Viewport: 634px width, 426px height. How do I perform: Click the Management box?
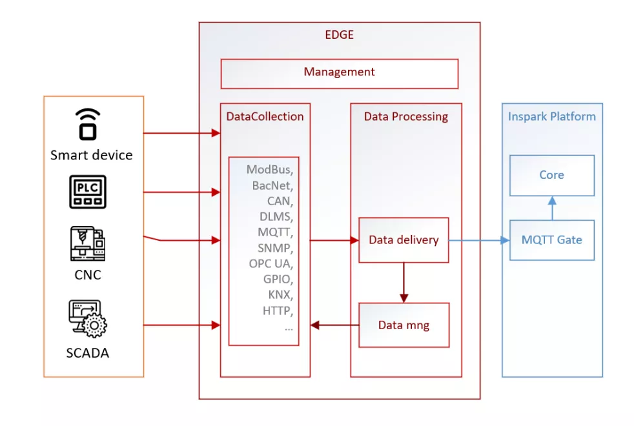339,73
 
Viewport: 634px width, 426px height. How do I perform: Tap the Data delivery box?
404,240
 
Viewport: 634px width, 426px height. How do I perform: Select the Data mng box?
404,325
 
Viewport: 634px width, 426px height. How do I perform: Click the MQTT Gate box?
551,240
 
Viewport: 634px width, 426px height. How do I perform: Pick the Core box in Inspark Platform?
551,175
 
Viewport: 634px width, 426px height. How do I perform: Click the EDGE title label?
339,35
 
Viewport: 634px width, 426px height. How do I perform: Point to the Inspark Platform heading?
551,117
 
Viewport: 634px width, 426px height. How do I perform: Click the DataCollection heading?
265,117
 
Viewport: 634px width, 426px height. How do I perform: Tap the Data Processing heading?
405,117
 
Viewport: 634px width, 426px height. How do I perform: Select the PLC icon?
88,191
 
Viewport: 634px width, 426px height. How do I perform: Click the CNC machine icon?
88,243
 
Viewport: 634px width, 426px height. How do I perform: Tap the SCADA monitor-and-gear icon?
88,319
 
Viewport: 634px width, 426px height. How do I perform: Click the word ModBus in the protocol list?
269,170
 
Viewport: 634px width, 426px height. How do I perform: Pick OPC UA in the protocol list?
271,264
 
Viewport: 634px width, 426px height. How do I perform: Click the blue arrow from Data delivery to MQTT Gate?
478,240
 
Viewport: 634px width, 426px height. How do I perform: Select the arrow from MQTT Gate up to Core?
551,208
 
